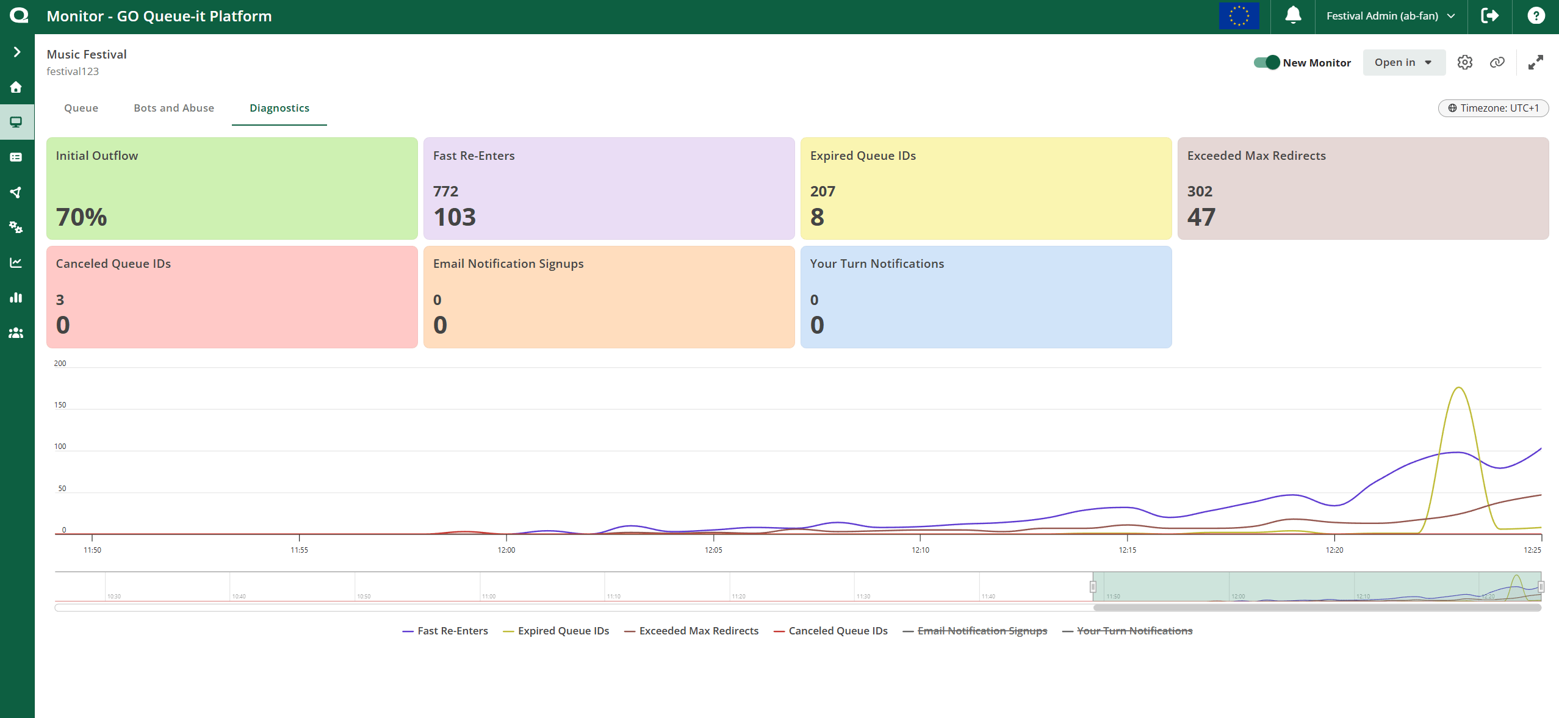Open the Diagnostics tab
point(279,108)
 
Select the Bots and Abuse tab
point(174,108)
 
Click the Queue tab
point(81,108)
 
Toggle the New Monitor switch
point(1267,62)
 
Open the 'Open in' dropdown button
point(1403,62)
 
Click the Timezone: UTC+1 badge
point(1493,108)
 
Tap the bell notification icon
point(1293,15)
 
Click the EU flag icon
point(1239,16)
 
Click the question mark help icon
point(1536,16)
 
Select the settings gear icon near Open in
point(1465,62)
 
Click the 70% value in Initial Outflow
point(82,217)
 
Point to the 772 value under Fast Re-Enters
point(445,191)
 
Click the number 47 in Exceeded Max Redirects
point(1201,217)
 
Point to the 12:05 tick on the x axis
point(713,550)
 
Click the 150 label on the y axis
point(60,405)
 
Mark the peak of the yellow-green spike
point(1458,388)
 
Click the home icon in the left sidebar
point(16,87)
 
